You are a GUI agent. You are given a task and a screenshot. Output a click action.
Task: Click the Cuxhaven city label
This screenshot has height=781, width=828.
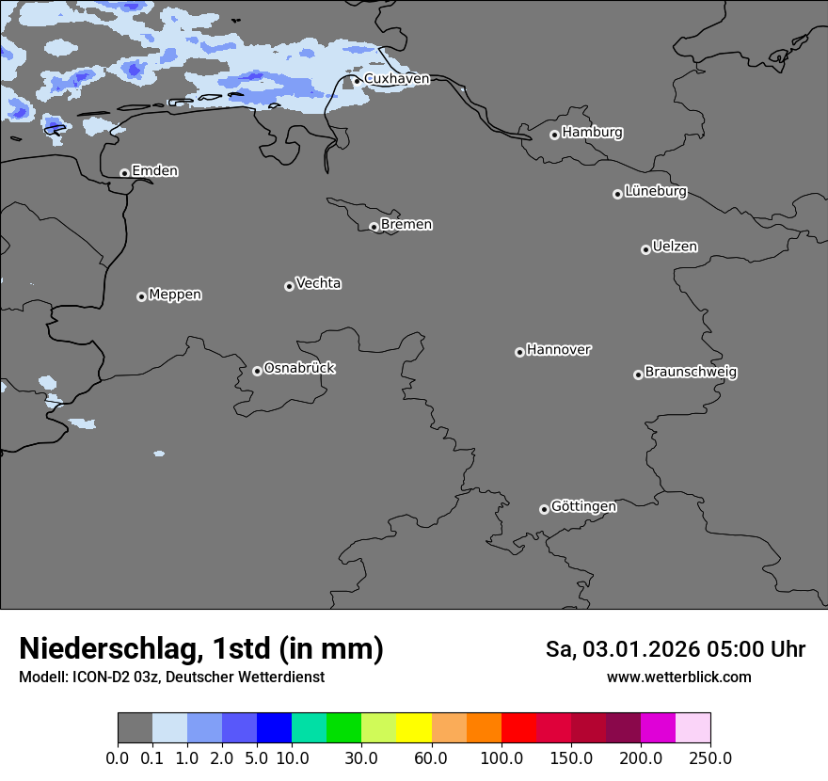[x=396, y=79]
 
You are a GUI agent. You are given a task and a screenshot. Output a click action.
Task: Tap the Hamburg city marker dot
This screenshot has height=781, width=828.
[x=554, y=135]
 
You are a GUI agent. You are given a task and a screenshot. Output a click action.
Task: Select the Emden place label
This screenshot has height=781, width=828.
[x=154, y=171]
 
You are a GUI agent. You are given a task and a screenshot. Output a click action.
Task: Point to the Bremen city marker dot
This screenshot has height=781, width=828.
[x=374, y=227]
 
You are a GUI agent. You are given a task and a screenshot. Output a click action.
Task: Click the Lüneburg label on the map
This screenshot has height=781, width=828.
[x=655, y=192]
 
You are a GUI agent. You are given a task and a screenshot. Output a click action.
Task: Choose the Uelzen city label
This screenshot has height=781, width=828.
[x=675, y=247]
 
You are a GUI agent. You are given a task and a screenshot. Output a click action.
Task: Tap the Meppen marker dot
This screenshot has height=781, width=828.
[x=141, y=296]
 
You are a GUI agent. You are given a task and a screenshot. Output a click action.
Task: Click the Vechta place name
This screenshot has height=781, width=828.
[x=318, y=284]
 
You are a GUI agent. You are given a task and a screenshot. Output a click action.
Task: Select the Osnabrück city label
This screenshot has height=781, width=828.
[x=299, y=369]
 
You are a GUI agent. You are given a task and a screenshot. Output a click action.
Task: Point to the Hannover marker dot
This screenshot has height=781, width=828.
[x=519, y=352]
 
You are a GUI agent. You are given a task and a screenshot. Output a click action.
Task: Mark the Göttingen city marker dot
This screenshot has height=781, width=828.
[x=544, y=509]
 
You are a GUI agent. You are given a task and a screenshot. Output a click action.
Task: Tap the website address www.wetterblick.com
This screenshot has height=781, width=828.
[x=678, y=677]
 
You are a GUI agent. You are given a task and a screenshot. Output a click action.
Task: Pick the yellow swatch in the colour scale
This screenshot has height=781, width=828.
[x=413, y=728]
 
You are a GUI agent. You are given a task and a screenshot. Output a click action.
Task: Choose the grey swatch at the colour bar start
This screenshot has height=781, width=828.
[x=135, y=728]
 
